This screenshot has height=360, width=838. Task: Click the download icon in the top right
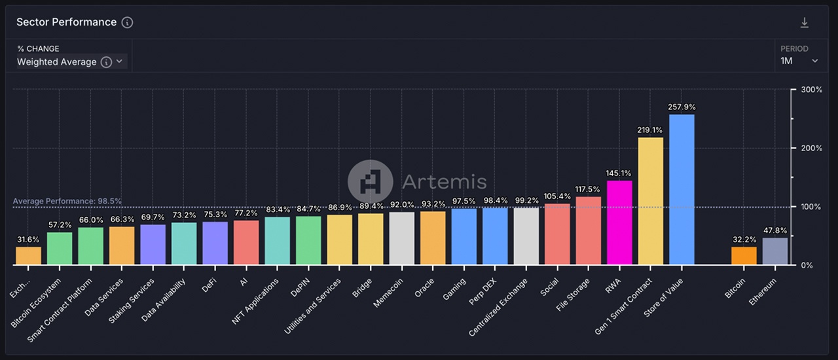pos(805,23)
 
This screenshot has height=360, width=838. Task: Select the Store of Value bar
pos(682,190)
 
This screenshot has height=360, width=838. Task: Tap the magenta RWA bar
pos(619,223)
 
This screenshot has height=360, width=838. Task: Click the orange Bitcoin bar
pos(744,256)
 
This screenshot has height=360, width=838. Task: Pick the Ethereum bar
pos(775,251)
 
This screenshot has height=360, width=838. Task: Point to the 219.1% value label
pos(650,130)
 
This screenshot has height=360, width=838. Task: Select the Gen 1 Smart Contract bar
pos(650,201)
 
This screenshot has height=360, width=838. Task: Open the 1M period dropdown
pos(799,61)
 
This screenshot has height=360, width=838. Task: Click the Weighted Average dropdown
pos(71,62)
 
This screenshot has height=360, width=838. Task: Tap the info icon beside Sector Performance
pos(128,22)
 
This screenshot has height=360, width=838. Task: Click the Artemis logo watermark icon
pos(370,181)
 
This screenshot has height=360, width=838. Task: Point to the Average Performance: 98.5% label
pos(67,201)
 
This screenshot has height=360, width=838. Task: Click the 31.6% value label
pos(28,239)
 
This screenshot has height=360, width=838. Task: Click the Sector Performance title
pos(66,22)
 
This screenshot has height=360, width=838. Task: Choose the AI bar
pos(246,243)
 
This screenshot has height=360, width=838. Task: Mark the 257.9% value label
pos(682,107)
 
